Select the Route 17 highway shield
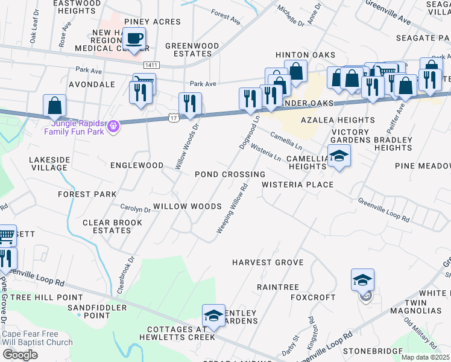174,118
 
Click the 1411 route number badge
151,64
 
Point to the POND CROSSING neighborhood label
230,174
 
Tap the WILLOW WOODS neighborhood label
187,206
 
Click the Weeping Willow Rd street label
233,209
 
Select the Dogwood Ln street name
249,133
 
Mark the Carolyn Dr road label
135,209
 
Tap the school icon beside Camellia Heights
339,157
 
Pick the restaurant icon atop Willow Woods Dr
190,104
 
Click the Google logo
20,355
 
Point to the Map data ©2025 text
426,357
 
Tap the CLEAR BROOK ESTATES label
113,227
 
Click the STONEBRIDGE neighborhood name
373,351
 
